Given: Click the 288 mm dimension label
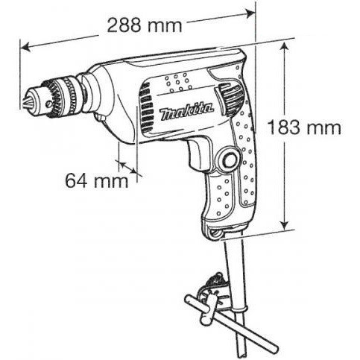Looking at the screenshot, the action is pyautogui.click(x=145, y=25).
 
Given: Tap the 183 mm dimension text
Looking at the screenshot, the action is pyautogui.click(x=304, y=127).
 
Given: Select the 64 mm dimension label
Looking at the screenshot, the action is pyautogui.click(x=97, y=180).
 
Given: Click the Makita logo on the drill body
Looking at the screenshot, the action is pyautogui.click(x=186, y=112).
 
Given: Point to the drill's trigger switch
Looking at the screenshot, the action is pyautogui.click(x=197, y=156).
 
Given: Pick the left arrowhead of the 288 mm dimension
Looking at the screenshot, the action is pyautogui.click(x=25, y=48).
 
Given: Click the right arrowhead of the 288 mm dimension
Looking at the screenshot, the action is pyautogui.click(x=250, y=13).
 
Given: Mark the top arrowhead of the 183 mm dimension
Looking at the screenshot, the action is pyautogui.click(x=284, y=47).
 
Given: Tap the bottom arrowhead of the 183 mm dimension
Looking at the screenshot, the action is pyautogui.click(x=284, y=224).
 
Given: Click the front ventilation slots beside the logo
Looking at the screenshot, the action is pyautogui.click(x=145, y=107).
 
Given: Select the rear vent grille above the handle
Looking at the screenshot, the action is pyautogui.click(x=230, y=98).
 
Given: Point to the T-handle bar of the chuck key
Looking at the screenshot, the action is pyautogui.click(x=231, y=323).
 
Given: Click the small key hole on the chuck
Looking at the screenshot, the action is pyautogui.click(x=50, y=102).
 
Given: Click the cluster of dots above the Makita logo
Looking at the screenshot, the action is pyautogui.click(x=178, y=82).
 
